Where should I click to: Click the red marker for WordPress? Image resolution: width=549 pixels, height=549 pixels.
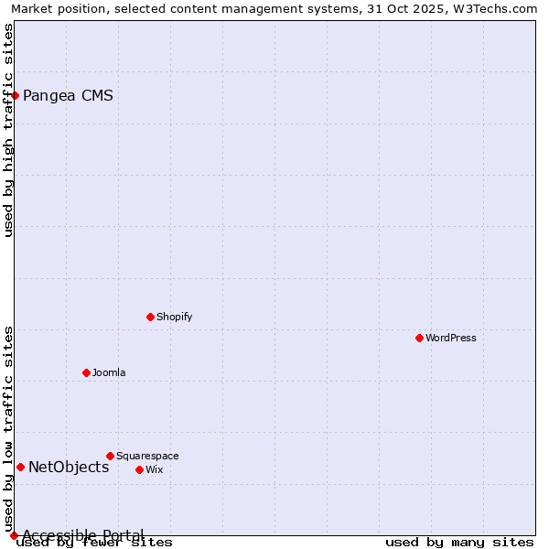click(x=419, y=338)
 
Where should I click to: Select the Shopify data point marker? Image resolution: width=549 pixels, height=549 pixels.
click(x=150, y=317)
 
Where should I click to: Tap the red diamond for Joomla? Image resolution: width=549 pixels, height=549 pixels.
click(x=86, y=372)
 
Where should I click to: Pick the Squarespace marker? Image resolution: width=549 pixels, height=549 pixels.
click(x=110, y=456)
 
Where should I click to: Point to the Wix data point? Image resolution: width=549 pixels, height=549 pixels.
click(x=139, y=469)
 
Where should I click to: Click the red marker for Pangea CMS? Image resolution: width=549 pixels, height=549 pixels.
click(x=15, y=95)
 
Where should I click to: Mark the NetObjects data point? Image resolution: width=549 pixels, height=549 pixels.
click(x=20, y=467)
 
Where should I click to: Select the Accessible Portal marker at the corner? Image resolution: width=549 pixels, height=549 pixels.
click(x=14, y=535)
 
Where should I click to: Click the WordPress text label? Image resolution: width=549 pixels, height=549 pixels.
click(x=451, y=338)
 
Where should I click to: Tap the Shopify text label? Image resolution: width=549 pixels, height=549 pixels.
click(x=175, y=317)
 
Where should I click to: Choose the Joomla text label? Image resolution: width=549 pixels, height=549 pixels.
click(x=109, y=372)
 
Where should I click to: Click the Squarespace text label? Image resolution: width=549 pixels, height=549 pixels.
click(x=147, y=456)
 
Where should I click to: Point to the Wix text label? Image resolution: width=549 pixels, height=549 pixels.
click(x=155, y=469)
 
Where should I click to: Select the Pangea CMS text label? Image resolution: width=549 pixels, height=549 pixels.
click(x=68, y=95)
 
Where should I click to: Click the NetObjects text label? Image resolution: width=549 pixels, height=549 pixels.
click(x=69, y=467)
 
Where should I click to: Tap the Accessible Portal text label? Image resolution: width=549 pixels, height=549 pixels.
click(x=83, y=535)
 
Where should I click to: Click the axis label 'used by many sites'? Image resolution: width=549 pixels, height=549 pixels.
click(x=459, y=543)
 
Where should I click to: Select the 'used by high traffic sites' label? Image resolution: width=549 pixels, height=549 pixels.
click(x=8, y=130)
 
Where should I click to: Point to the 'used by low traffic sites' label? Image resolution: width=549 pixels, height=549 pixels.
click(x=8, y=429)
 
